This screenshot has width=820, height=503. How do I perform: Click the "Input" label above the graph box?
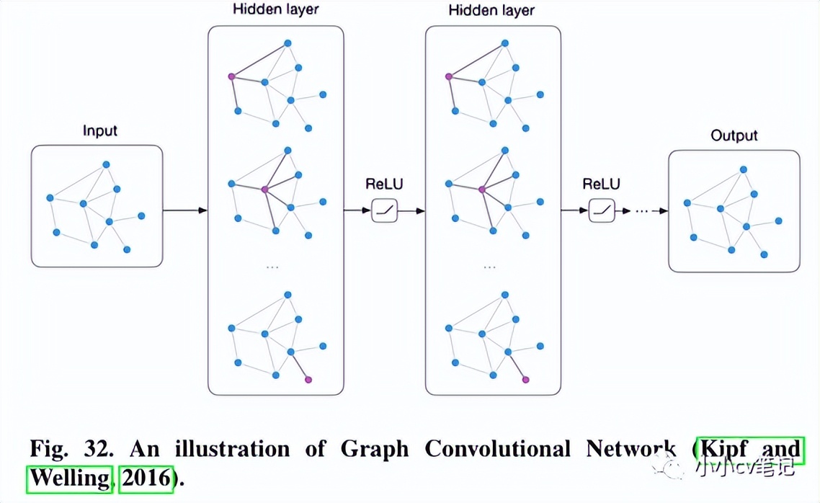point(99,131)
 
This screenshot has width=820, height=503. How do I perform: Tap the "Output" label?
point(734,135)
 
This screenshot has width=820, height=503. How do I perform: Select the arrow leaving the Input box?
point(184,210)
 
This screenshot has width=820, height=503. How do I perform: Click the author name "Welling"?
point(70,478)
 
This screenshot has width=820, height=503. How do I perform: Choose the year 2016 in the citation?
point(146,478)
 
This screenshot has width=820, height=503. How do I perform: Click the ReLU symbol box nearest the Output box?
point(602,211)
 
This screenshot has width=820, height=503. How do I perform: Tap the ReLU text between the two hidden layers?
point(384,184)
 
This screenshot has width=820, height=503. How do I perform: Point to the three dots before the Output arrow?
point(642,211)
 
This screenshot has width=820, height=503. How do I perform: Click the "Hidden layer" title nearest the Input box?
point(276,10)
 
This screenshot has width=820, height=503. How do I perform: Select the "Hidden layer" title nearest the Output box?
point(491,10)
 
